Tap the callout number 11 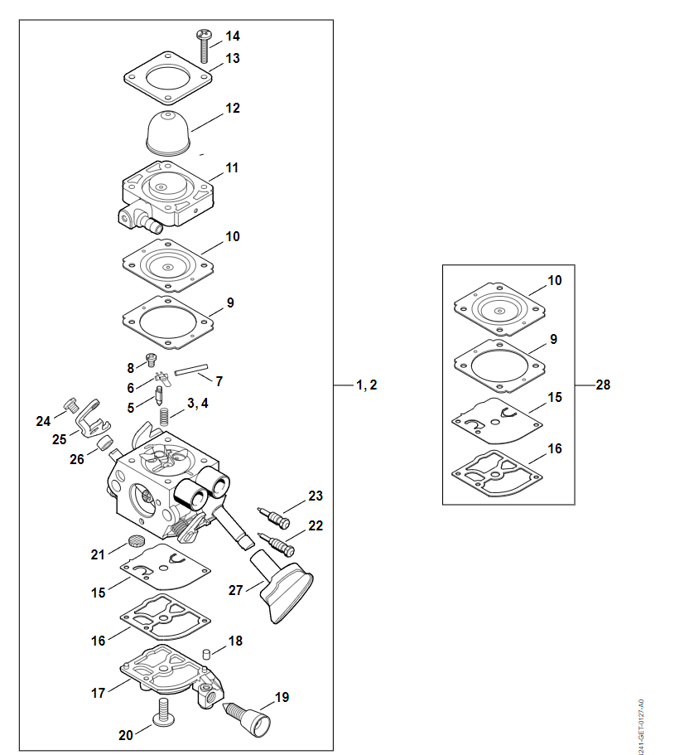click(x=232, y=167)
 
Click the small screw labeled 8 click(x=152, y=360)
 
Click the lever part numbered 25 click(x=89, y=419)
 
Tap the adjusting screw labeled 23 click(x=276, y=515)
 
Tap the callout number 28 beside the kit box click(x=603, y=385)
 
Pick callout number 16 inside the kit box click(x=555, y=448)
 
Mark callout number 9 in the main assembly click(x=230, y=302)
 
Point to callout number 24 click(x=43, y=421)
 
